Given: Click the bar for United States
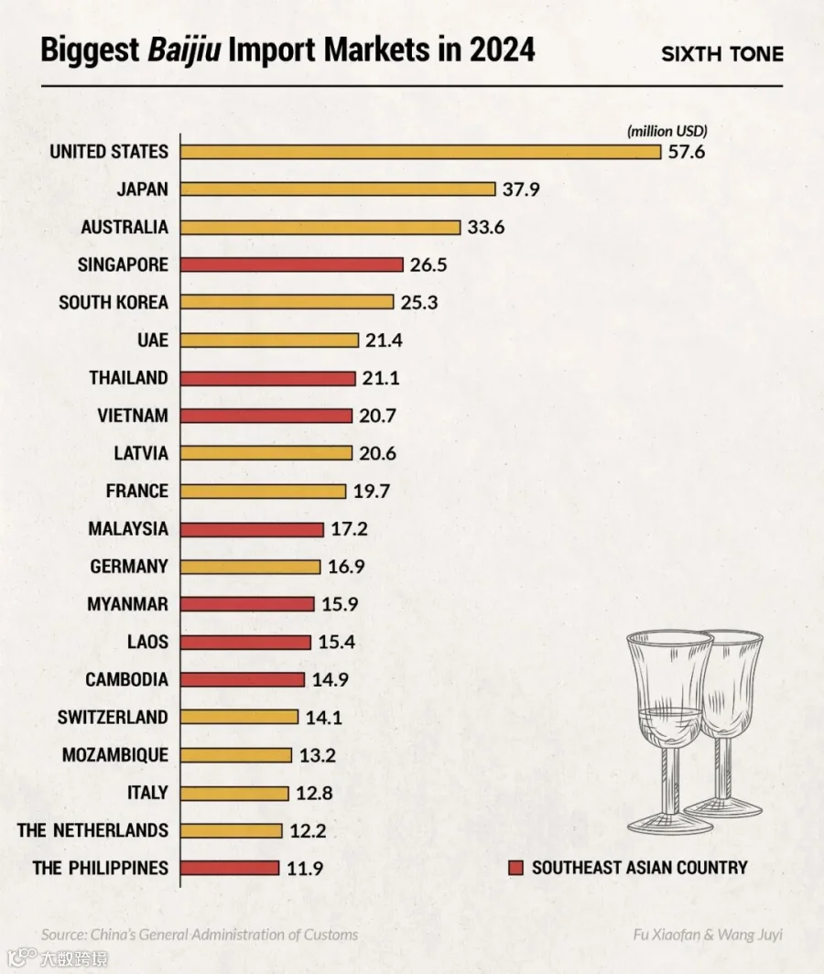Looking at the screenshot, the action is [x=421, y=152].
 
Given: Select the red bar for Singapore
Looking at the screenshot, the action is [x=292, y=265].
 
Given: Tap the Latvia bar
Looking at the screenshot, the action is [x=266, y=453].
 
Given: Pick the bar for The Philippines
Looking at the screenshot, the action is [x=230, y=868].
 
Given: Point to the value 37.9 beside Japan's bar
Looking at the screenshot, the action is [x=521, y=189].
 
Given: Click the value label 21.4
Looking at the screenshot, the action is [x=384, y=341].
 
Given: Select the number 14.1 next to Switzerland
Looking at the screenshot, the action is [x=324, y=718].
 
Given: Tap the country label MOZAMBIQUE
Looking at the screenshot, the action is [x=115, y=755].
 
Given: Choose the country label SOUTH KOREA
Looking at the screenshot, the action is [x=114, y=302].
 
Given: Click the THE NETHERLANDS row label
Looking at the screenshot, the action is [x=92, y=830].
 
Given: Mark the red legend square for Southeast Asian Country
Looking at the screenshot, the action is [x=515, y=868].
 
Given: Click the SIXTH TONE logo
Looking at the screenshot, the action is [x=722, y=54].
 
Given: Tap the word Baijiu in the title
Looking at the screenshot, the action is [x=184, y=50].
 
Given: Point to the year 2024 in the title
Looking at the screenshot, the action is [x=502, y=49].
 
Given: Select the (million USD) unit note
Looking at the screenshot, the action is [x=667, y=131].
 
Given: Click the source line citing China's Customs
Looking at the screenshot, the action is [x=200, y=935].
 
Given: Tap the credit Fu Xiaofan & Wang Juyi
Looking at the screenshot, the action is [x=708, y=935].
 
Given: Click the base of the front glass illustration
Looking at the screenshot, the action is [x=670, y=822].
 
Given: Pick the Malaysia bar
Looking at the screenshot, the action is [x=253, y=529].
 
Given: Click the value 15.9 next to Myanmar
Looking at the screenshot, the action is [x=340, y=604].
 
